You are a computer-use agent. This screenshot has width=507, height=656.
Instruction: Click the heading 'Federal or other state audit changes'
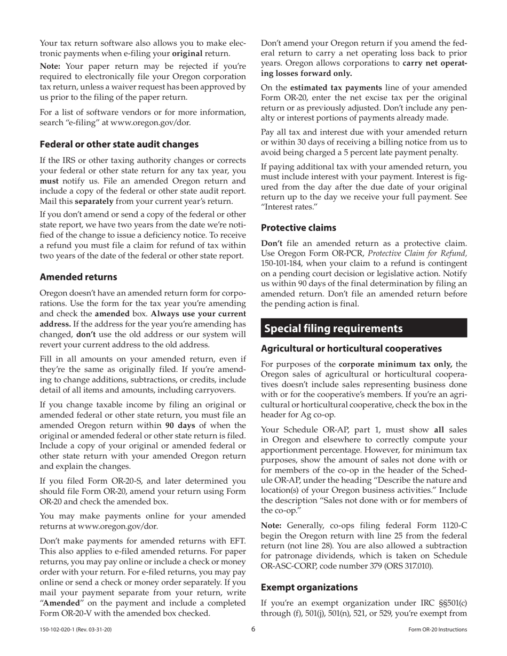click(x=119, y=144)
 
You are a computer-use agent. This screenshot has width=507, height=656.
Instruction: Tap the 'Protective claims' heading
click(x=298, y=228)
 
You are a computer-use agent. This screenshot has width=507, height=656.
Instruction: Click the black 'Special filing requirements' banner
click(x=364, y=328)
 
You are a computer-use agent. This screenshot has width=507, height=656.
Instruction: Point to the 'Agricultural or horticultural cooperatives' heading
click(x=351, y=349)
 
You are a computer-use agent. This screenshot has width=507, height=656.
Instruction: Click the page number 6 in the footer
click(x=253, y=629)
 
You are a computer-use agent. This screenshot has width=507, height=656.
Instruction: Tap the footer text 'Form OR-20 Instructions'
click(x=437, y=630)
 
